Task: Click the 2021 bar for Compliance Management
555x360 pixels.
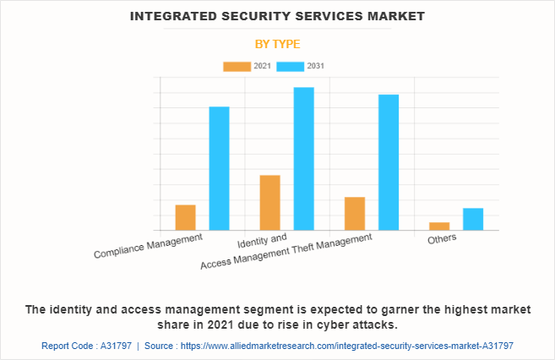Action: [185, 217]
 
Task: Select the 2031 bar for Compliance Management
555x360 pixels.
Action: [219, 168]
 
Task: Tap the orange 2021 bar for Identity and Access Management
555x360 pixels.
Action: [269, 202]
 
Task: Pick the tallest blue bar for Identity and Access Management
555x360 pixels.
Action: [303, 158]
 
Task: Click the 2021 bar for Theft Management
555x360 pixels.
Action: [354, 213]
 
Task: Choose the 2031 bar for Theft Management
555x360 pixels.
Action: [388, 161]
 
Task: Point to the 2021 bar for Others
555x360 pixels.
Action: [438, 226]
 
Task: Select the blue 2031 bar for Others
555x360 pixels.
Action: [472, 219]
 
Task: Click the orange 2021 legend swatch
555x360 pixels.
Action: [237, 66]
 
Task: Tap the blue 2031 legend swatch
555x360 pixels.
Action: [290, 66]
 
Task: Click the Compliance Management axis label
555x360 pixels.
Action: [148, 246]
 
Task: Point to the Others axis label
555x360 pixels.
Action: [441, 238]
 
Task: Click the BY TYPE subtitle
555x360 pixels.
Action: [277, 44]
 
